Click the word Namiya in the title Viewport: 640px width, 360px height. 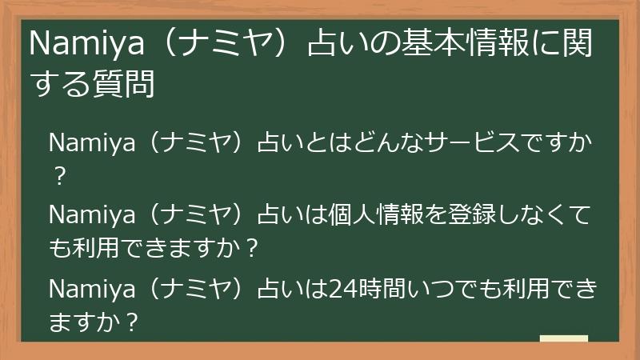[76, 46]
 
